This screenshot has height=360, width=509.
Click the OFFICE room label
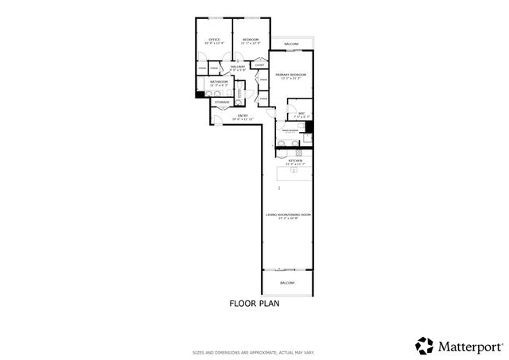point(214,39)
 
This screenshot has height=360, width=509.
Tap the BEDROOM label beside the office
point(250,39)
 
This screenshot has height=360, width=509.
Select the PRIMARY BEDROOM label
point(291,74)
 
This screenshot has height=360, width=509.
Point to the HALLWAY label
point(238,67)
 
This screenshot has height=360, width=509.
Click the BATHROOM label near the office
point(219,81)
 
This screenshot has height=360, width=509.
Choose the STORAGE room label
point(222,102)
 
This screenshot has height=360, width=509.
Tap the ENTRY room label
point(241,115)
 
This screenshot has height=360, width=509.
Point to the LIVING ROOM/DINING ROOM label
point(288,215)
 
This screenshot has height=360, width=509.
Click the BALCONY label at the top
point(291,44)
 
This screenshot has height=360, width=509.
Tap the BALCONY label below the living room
point(287,283)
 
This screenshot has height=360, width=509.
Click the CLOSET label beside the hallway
point(259,65)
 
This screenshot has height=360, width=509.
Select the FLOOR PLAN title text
point(254,303)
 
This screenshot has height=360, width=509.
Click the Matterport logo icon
point(423,345)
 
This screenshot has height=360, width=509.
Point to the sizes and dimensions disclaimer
point(254,353)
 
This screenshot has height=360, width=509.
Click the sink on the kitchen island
point(293,169)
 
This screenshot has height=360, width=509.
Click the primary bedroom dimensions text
point(291,78)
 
